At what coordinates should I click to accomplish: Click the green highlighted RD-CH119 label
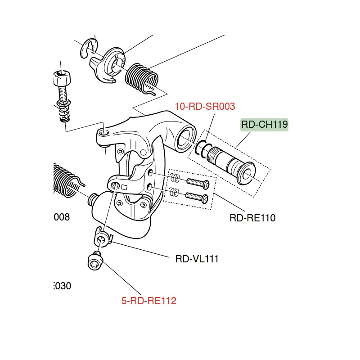[x=264, y=124]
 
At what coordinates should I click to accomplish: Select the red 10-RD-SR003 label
[x=205, y=107]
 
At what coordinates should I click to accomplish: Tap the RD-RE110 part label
[x=252, y=218]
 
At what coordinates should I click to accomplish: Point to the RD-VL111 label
[x=197, y=259]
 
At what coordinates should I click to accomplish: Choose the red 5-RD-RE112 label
[x=148, y=301]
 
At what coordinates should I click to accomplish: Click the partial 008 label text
[x=62, y=217]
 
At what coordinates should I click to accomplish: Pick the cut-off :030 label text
[x=62, y=286]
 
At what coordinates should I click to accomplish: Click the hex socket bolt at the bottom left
[x=94, y=260]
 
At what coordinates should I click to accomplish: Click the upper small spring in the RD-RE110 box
[x=175, y=178]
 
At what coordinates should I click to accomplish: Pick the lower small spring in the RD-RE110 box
[x=175, y=193]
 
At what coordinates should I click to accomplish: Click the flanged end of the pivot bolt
[x=247, y=174]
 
